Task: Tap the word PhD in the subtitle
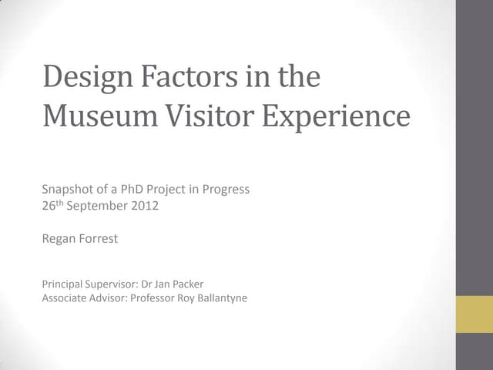point(132,190)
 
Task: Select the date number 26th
point(53,205)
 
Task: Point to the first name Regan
point(59,239)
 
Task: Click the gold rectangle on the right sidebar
point(474,315)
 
